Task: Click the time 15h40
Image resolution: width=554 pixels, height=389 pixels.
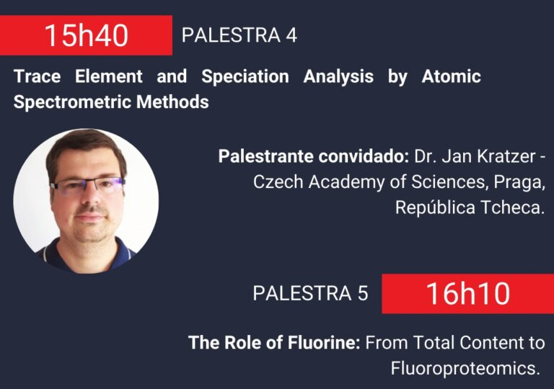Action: [86, 35]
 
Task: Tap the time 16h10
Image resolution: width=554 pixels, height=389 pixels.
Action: [467, 293]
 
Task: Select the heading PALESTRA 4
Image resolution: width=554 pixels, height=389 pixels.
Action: [239, 35]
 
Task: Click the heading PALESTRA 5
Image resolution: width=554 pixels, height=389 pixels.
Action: [310, 293]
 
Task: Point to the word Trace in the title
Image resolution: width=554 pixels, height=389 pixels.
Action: [37, 76]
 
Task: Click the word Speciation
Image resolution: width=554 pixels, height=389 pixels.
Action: [245, 76]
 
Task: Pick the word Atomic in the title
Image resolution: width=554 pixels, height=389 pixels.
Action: [451, 76]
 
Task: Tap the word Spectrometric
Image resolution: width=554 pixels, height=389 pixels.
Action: [73, 102]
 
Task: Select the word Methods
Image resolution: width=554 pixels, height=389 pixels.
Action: [172, 102]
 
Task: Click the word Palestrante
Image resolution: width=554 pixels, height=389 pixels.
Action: [265, 156]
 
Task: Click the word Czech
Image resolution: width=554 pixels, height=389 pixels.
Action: [278, 182]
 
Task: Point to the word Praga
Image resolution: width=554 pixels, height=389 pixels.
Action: [519, 183]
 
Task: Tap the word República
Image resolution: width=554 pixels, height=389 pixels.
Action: [435, 207]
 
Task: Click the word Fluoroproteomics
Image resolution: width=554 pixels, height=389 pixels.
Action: [465, 369]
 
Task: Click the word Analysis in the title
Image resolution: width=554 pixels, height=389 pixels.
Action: [338, 76]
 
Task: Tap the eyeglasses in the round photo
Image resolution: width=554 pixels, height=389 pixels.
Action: [87, 185]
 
